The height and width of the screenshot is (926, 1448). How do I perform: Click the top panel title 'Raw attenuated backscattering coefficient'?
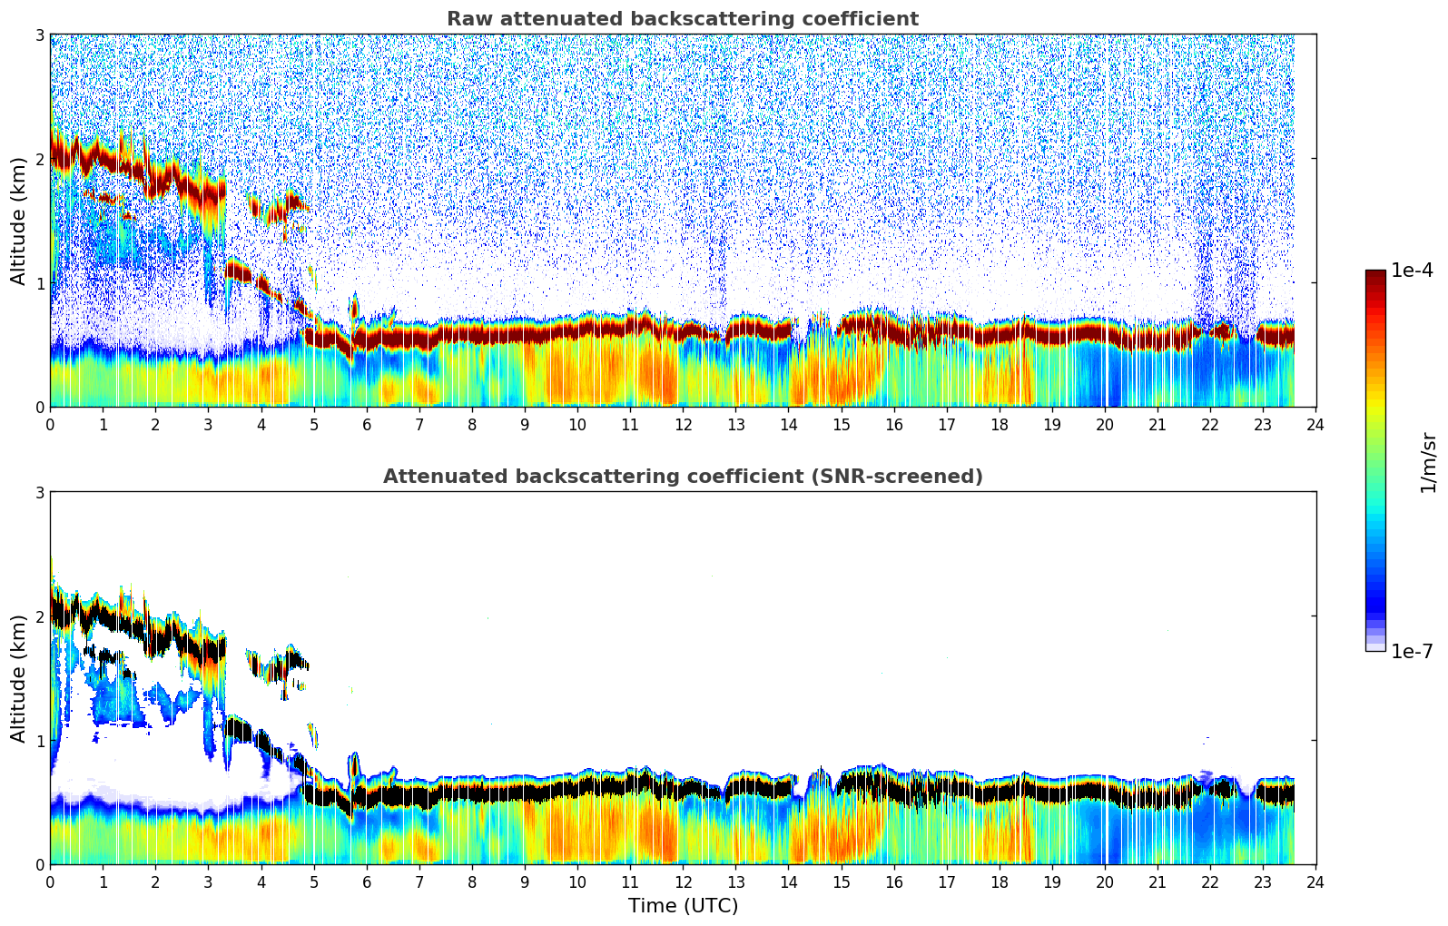click(x=682, y=19)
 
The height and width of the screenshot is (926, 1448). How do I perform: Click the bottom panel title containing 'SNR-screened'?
click(x=682, y=477)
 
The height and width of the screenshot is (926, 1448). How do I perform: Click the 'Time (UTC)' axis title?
click(x=683, y=905)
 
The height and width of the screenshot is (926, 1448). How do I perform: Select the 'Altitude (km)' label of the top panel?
click(x=18, y=221)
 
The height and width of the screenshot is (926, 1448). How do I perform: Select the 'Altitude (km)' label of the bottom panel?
click(x=18, y=678)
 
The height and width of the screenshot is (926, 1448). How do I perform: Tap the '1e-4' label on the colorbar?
click(x=1412, y=271)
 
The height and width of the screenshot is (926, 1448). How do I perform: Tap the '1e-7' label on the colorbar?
click(x=1412, y=651)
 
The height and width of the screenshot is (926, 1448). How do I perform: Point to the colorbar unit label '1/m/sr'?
click(x=1428, y=462)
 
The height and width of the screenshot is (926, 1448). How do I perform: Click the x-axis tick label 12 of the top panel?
click(x=683, y=424)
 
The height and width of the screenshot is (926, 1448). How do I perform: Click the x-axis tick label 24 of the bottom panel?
click(x=1315, y=882)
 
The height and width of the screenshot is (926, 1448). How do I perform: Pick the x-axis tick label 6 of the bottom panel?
click(x=367, y=882)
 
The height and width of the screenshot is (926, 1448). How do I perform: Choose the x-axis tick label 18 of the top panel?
click(x=1000, y=424)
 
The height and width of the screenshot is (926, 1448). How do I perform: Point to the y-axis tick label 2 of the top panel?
click(x=40, y=159)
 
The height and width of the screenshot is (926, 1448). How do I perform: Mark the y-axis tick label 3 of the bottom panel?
click(x=40, y=492)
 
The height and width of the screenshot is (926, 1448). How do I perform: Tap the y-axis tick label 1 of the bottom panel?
click(x=40, y=741)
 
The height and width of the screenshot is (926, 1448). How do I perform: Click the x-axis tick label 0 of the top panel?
click(x=50, y=424)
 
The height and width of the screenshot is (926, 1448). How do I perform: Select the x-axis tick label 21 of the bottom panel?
click(x=1157, y=882)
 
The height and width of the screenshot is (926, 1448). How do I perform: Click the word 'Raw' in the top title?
click(x=466, y=19)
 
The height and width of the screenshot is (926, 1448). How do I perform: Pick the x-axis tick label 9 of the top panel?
click(x=525, y=424)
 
